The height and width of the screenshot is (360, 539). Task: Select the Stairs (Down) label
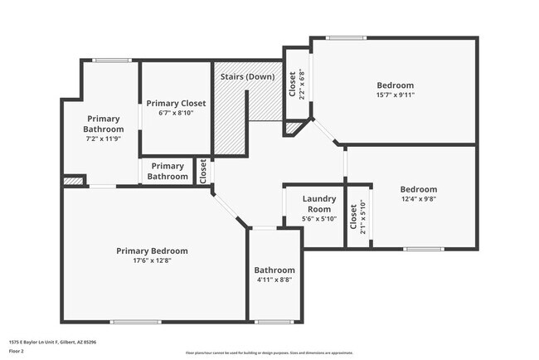(247, 77)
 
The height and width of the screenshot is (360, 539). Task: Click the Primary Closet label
(176, 104)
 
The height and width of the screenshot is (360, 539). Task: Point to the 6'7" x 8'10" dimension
(176, 114)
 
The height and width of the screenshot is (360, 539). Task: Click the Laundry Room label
(319, 204)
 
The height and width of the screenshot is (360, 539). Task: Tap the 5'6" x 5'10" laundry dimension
(319, 219)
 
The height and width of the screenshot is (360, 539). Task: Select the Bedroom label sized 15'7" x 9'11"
(395, 85)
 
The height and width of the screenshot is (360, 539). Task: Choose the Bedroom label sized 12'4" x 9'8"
(418, 189)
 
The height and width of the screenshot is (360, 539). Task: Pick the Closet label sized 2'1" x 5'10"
(353, 217)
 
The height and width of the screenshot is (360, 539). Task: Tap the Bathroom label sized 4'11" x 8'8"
(274, 270)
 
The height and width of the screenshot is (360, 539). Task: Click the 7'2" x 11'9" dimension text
(104, 139)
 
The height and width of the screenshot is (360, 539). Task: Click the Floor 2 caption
(17, 351)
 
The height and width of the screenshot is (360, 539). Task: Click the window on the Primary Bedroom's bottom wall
(135, 322)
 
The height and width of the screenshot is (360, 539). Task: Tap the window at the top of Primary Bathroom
(112, 60)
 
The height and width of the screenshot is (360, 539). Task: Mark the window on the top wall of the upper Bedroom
(346, 37)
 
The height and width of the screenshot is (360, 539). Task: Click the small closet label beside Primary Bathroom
(203, 171)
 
